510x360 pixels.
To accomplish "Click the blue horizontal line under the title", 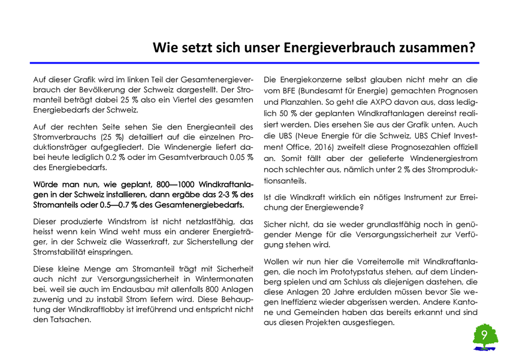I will [255, 62].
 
